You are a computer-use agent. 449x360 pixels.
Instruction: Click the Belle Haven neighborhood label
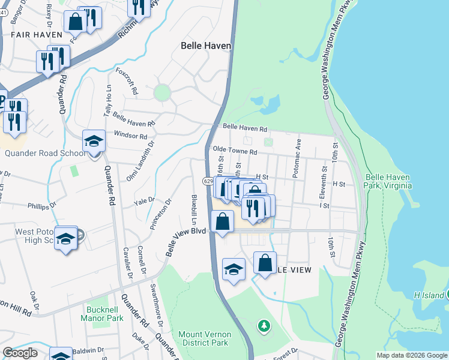point(206,46)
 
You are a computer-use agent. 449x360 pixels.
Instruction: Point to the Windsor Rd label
point(130,136)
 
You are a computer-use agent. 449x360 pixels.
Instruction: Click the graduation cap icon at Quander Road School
point(94,142)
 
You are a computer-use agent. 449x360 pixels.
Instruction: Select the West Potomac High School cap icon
point(65,238)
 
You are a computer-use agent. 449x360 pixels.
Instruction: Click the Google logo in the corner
point(19,353)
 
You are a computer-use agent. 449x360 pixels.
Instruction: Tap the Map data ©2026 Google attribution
point(412,355)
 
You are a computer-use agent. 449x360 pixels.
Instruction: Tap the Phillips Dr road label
point(41,205)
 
